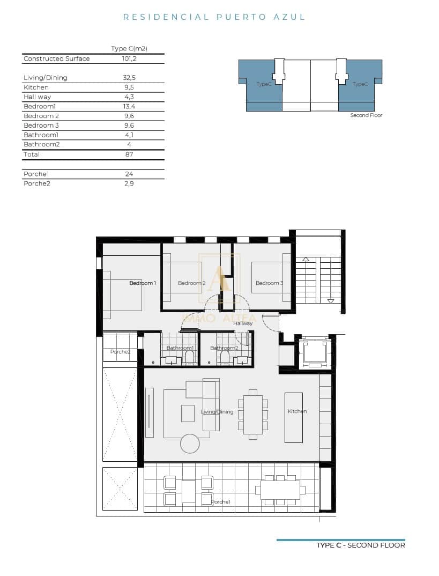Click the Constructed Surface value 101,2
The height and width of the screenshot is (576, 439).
point(129,58)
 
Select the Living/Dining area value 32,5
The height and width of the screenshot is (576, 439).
point(129,77)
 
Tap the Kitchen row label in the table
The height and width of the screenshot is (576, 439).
point(36,87)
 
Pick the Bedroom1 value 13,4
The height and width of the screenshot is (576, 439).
point(129,106)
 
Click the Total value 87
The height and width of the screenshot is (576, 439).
point(129,154)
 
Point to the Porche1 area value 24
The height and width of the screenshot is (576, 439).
point(129,174)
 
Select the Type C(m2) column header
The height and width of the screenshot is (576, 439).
point(129,48)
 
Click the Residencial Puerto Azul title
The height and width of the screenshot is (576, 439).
point(214,17)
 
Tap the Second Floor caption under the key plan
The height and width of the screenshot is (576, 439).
point(366,115)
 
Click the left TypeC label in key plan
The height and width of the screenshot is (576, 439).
point(263,84)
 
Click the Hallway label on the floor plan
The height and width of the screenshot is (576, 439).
point(242,323)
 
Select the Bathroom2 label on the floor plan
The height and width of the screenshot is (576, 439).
point(224,348)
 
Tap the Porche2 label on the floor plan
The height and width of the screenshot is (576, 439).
point(120,352)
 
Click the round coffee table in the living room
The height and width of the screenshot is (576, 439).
point(190,444)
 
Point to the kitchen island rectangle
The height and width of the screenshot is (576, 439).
point(293,417)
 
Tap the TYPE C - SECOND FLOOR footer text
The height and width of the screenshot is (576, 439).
point(360,545)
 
